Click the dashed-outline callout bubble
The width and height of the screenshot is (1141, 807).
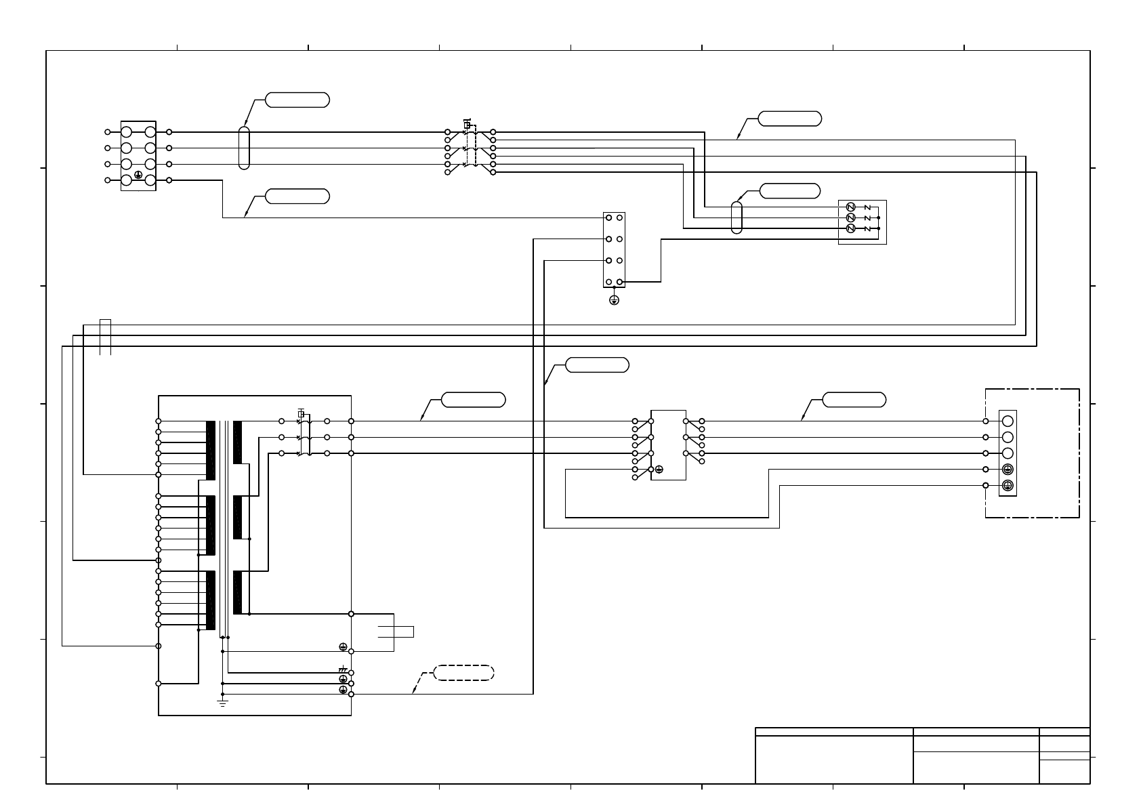463,673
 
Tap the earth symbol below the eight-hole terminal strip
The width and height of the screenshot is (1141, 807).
614,300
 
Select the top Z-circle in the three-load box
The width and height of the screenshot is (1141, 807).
851,207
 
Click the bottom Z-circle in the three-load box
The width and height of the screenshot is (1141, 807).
851,229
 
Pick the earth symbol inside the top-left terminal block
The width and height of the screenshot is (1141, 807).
138,175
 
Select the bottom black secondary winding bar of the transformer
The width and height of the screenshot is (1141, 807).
237,593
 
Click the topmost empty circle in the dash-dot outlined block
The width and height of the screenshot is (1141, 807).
1008,421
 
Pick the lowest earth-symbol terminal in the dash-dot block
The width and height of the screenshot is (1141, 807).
1008,485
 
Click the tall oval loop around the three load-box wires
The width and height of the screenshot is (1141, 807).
737,218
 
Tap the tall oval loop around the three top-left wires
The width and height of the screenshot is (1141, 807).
244,147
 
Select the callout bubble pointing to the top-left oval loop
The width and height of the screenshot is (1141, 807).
297,100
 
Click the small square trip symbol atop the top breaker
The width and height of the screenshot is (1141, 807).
467,125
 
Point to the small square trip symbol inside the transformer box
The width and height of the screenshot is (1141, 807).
301,413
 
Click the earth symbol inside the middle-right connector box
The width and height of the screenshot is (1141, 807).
659,470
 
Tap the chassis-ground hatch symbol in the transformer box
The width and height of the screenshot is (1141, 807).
343,669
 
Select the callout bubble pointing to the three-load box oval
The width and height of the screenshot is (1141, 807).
790,190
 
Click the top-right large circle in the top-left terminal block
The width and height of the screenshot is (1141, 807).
150,131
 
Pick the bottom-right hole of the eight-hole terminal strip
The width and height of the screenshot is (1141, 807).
619,282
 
